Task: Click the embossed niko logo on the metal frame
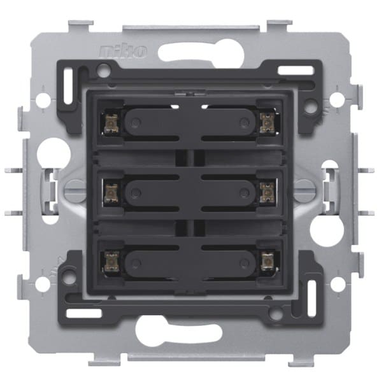point(123,51)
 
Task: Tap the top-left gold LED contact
point(111,124)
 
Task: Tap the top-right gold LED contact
point(268,124)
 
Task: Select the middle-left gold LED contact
point(111,194)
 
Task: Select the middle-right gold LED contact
point(268,192)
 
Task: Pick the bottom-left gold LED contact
point(111,262)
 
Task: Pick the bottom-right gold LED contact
point(268,262)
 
